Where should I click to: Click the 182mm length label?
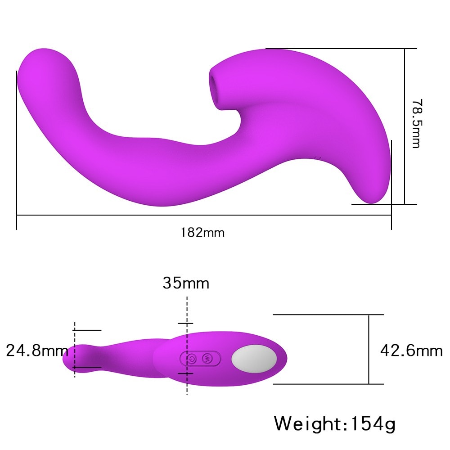pos(202,233)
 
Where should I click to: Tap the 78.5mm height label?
pos(417,123)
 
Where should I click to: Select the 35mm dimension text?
pos(186,283)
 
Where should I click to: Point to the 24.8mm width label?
pos(37,351)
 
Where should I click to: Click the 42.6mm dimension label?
pos(411,351)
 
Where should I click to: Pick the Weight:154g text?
pos(335,423)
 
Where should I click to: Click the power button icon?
pos(191,359)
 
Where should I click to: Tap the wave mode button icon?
pos(207,358)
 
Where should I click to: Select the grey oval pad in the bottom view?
pos(254,359)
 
